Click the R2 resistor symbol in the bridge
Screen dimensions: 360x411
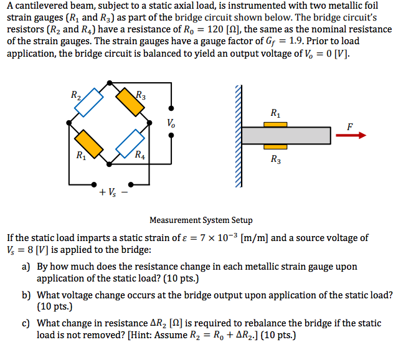point(88,102)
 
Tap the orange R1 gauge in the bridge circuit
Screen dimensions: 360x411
point(88,143)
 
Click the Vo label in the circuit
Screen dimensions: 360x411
point(171,123)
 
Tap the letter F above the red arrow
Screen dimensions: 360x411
point(350,126)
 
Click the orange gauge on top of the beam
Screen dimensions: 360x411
point(275,125)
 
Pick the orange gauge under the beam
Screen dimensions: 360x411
point(275,146)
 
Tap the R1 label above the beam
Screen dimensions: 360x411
point(276,113)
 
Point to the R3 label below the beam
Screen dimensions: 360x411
point(276,159)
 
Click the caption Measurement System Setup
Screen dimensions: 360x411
point(201,220)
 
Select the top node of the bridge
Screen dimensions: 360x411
point(110,82)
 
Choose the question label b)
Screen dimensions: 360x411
point(27,295)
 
